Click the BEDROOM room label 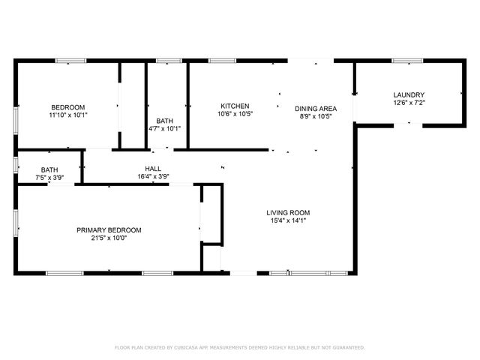point(67,106)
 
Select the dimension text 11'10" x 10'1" point(67,115)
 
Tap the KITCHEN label point(235,106)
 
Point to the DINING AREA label point(315,109)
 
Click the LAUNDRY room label point(409,94)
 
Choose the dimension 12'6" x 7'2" point(409,103)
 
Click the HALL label point(153,169)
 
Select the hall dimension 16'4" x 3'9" point(153,177)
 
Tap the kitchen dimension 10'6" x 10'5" point(235,115)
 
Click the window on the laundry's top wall point(407,61)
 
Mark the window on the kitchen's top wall point(222,61)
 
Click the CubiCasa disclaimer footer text point(239,347)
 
